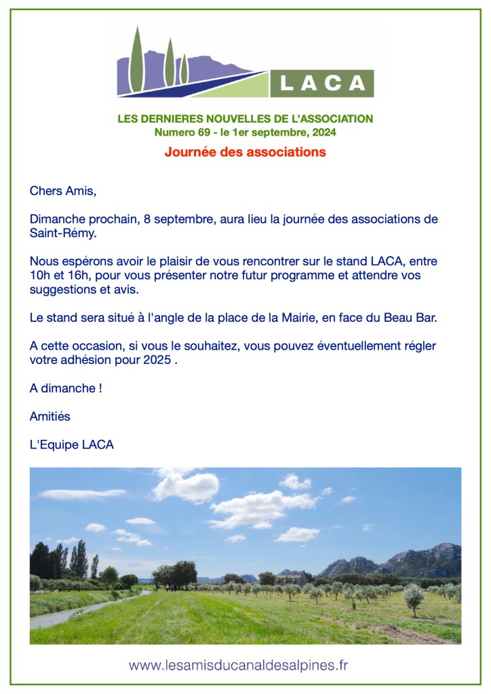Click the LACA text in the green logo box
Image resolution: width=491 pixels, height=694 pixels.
pyautogui.click(x=323, y=83)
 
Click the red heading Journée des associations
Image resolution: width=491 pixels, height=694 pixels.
pyautogui.click(x=245, y=152)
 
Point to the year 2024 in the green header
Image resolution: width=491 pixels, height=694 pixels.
pyautogui.click(x=323, y=133)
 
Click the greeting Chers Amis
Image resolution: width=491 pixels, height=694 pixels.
pyautogui.click(x=63, y=191)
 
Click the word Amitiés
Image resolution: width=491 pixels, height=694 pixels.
pyautogui.click(x=50, y=416)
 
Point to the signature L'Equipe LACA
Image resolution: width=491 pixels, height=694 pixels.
pyautogui.click(x=72, y=445)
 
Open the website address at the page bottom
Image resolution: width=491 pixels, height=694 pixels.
pyautogui.click(x=239, y=665)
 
